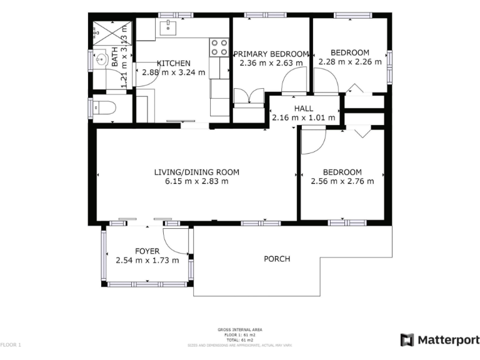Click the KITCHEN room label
pyautogui.click(x=173, y=63)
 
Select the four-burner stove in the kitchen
pyautogui.click(x=219, y=47)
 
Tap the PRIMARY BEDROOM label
pyautogui.click(x=271, y=53)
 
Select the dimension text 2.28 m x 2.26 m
pyautogui.click(x=349, y=62)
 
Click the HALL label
pyautogui.click(x=303, y=108)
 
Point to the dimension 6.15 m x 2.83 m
pyautogui.click(x=196, y=182)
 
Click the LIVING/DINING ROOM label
pyautogui.click(x=196, y=172)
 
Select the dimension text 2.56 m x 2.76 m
pyautogui.click(x=342, y=182)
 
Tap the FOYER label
pyautogui.click(x=147, y=251)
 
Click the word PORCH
pyautogui.click(x=277, y=259)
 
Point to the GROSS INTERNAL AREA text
pyautogui.click(x=239, y=329)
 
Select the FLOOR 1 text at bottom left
pyautogui.click(x=11, y=344)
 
